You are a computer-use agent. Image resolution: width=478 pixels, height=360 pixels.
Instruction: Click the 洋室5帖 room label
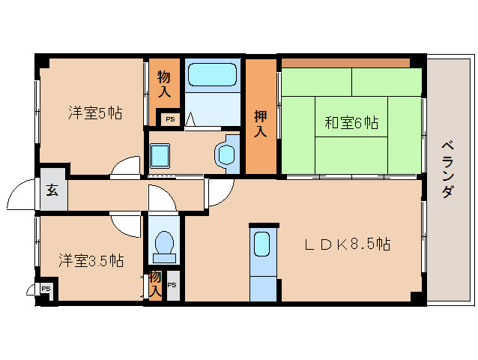click(x=95, y=114)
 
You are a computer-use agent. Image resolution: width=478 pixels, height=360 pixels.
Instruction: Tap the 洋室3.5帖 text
click(x=91, y=261)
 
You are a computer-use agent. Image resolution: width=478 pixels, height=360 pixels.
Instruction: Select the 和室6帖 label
click(x=351, y=122)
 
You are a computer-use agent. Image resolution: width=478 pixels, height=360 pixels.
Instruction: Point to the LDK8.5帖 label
click(x=346, y=244)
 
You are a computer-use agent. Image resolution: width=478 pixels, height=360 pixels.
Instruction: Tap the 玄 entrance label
click(x=53, y=190)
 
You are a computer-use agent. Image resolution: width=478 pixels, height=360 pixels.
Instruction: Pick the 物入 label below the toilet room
click(x=155, y=283)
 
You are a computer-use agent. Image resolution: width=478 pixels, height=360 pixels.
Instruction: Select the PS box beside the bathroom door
click(x=169, y=118)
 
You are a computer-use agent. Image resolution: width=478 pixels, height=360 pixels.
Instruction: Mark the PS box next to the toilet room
click(x=172, y=285)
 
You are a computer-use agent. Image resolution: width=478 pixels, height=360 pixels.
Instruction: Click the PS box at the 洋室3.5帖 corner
click(x=46, y=288)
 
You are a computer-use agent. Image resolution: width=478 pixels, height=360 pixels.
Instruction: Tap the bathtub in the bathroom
click(x=212, y=76)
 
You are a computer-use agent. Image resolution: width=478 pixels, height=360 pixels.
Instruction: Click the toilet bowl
click(x=163, y=244)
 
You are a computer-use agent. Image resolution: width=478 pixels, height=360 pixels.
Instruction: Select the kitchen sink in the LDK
click(x=262, y=245)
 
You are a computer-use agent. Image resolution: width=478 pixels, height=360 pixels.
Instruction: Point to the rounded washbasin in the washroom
click(x=225, y=154)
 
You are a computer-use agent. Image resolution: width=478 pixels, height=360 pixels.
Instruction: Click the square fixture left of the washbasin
click(x=160, y=155)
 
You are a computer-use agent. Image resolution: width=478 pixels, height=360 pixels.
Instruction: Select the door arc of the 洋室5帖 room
click(x=124, y=166)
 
